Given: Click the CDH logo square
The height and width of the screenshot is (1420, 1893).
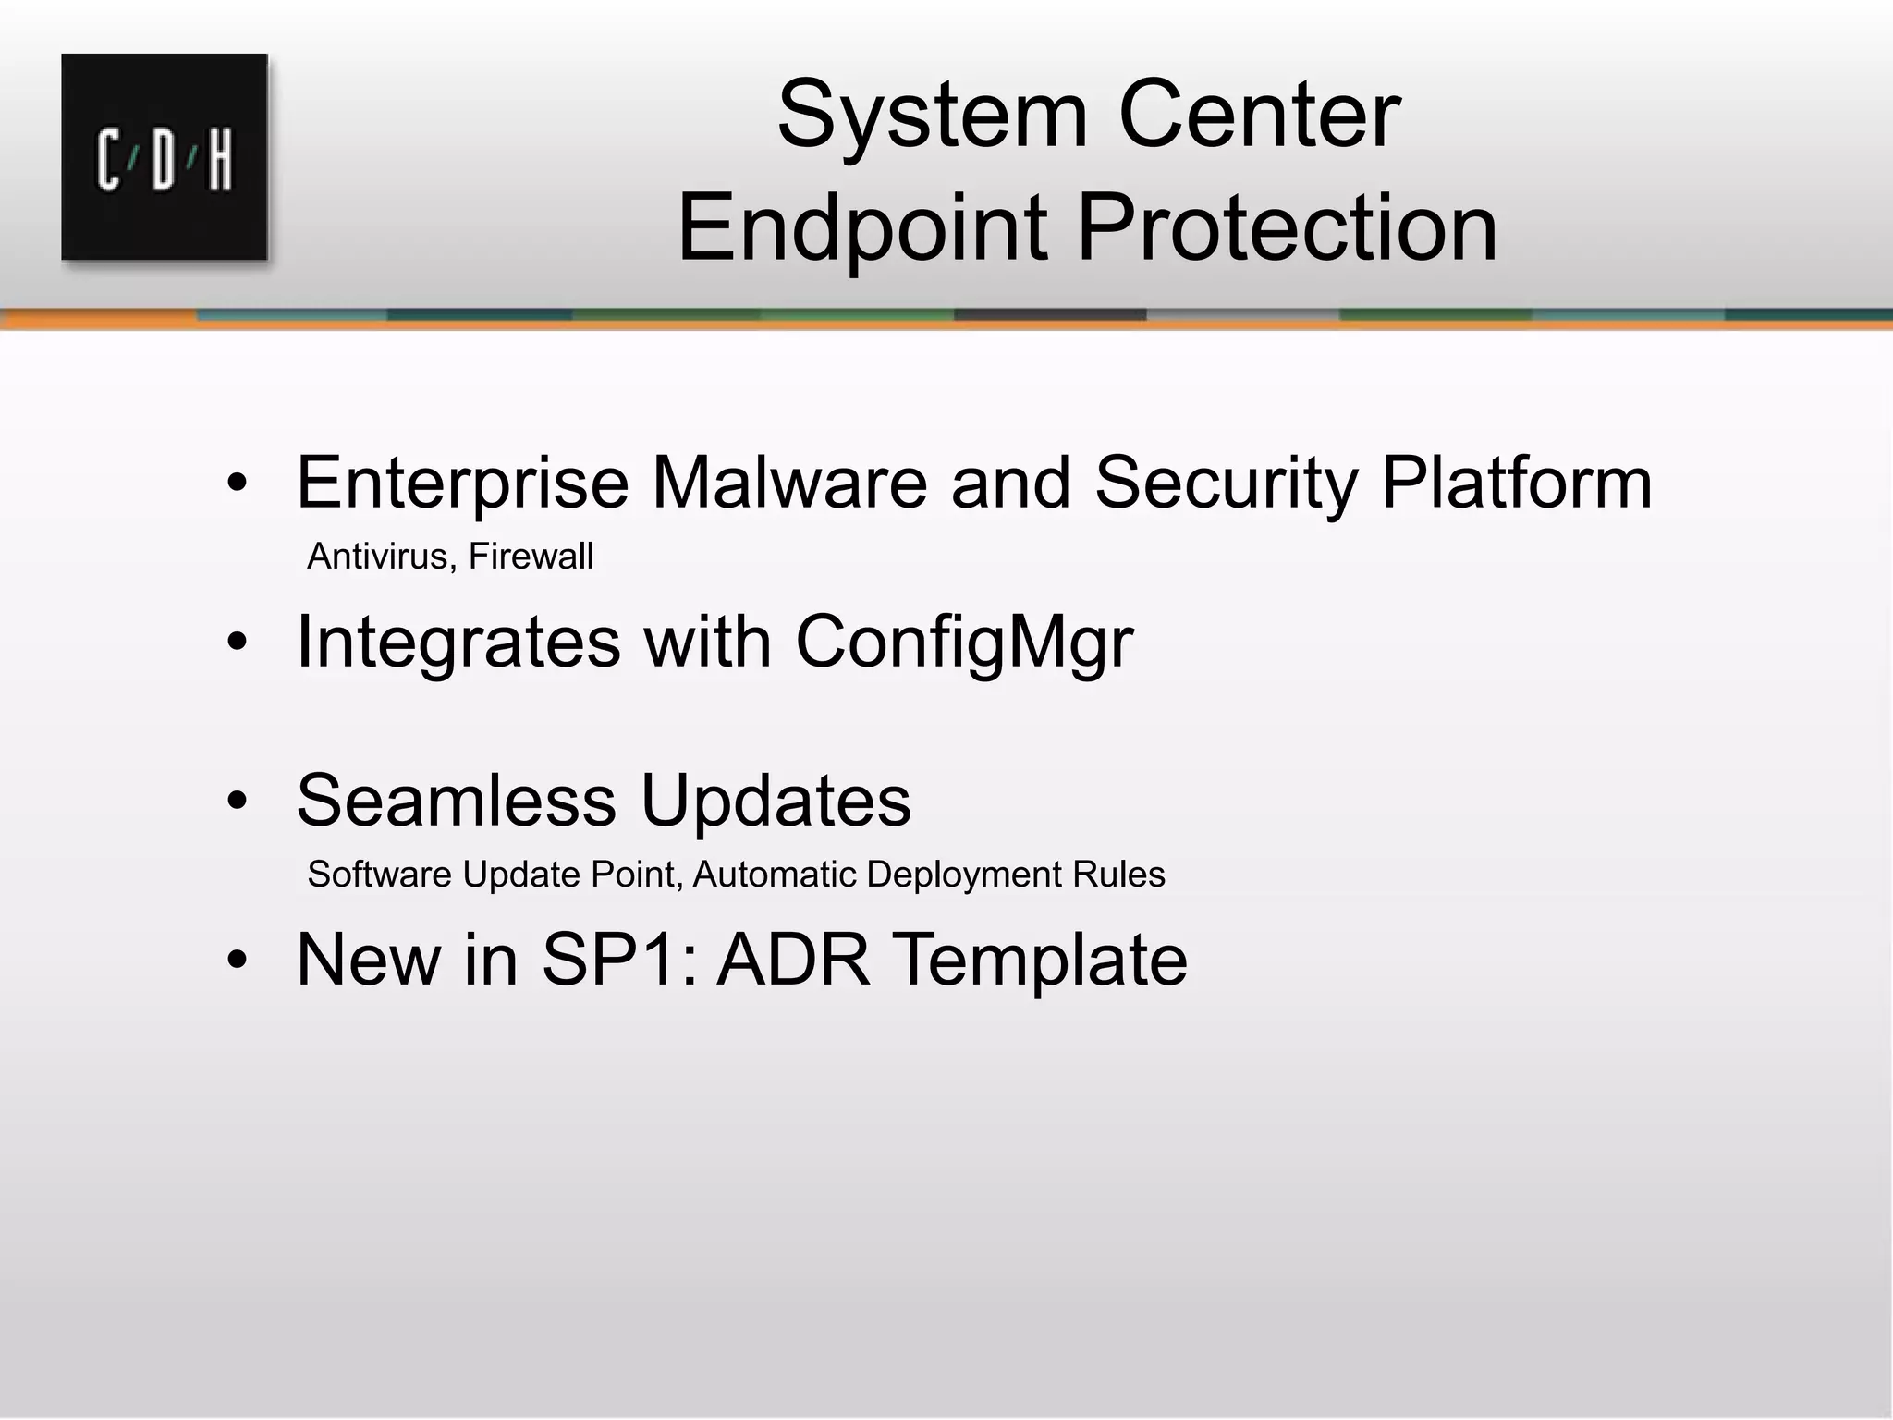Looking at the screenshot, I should [x=165, y=157].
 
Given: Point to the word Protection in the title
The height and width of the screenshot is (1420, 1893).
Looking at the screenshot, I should [x=1286, y=227].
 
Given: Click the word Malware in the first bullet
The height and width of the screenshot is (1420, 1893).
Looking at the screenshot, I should [x=789, y=483].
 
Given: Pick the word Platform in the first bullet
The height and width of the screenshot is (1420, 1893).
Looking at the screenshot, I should [x=1516, y=483].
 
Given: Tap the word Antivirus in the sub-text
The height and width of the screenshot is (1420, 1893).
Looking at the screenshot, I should [x=377, y=557].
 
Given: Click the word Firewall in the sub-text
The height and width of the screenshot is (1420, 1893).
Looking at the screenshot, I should [x=531, y=557].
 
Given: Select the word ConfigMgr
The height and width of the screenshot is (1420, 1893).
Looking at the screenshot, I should [x=964, y=642].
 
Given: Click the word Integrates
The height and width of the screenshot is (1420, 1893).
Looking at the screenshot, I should [x=458, y=642].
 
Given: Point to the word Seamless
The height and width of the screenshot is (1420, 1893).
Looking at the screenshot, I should [x=456, y=801].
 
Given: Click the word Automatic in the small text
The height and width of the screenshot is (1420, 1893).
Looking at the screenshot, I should [x=774, y=875].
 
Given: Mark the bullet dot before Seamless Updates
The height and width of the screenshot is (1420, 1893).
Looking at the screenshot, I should [x=238, y=802].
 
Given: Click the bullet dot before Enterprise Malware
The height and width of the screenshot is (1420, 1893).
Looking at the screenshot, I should [x=238, y=484].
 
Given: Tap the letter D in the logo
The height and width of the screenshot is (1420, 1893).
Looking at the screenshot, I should [x=164, y=161].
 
